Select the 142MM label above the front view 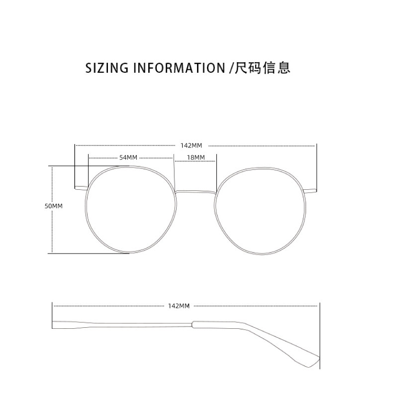(x=192, y=145)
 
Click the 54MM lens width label (x=128, y=157)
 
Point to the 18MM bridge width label (x=196, y=157)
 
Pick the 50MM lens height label (x=54, y=206)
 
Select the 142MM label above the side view (x=179, y=306)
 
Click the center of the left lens (x=131, y=210)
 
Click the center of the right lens (x=260, y=210)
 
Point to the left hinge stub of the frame (x=80, y=188)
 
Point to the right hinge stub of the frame (x=310, y=189)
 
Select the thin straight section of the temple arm (x=124, y=324)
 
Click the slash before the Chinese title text (x=230, y=68)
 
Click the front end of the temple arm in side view (x=55, y=324)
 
